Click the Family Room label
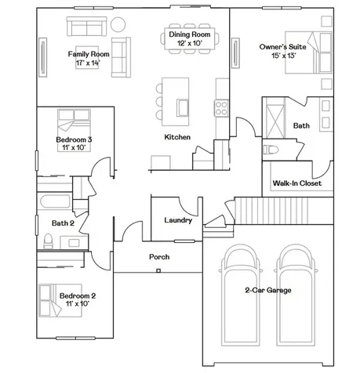point(89,54)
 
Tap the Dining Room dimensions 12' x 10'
point(190,43)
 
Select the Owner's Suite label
point(282,47)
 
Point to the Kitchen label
point(177,137)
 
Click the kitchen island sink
point(182,107)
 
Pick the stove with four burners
point(221,108)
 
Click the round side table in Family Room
point(118,24)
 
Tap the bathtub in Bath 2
point(54,201)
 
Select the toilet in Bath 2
point(48,241)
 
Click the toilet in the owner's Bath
point(271,150)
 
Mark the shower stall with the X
point(275,121)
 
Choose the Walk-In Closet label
point(297,183)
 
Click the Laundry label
point(178,220)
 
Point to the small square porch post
point(158,270)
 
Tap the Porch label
point(159,257)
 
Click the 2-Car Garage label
point(268,290)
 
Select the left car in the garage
point(241,295)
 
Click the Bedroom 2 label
point(78,295)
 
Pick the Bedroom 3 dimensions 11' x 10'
point(74,147)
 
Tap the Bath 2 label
point(63,223)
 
